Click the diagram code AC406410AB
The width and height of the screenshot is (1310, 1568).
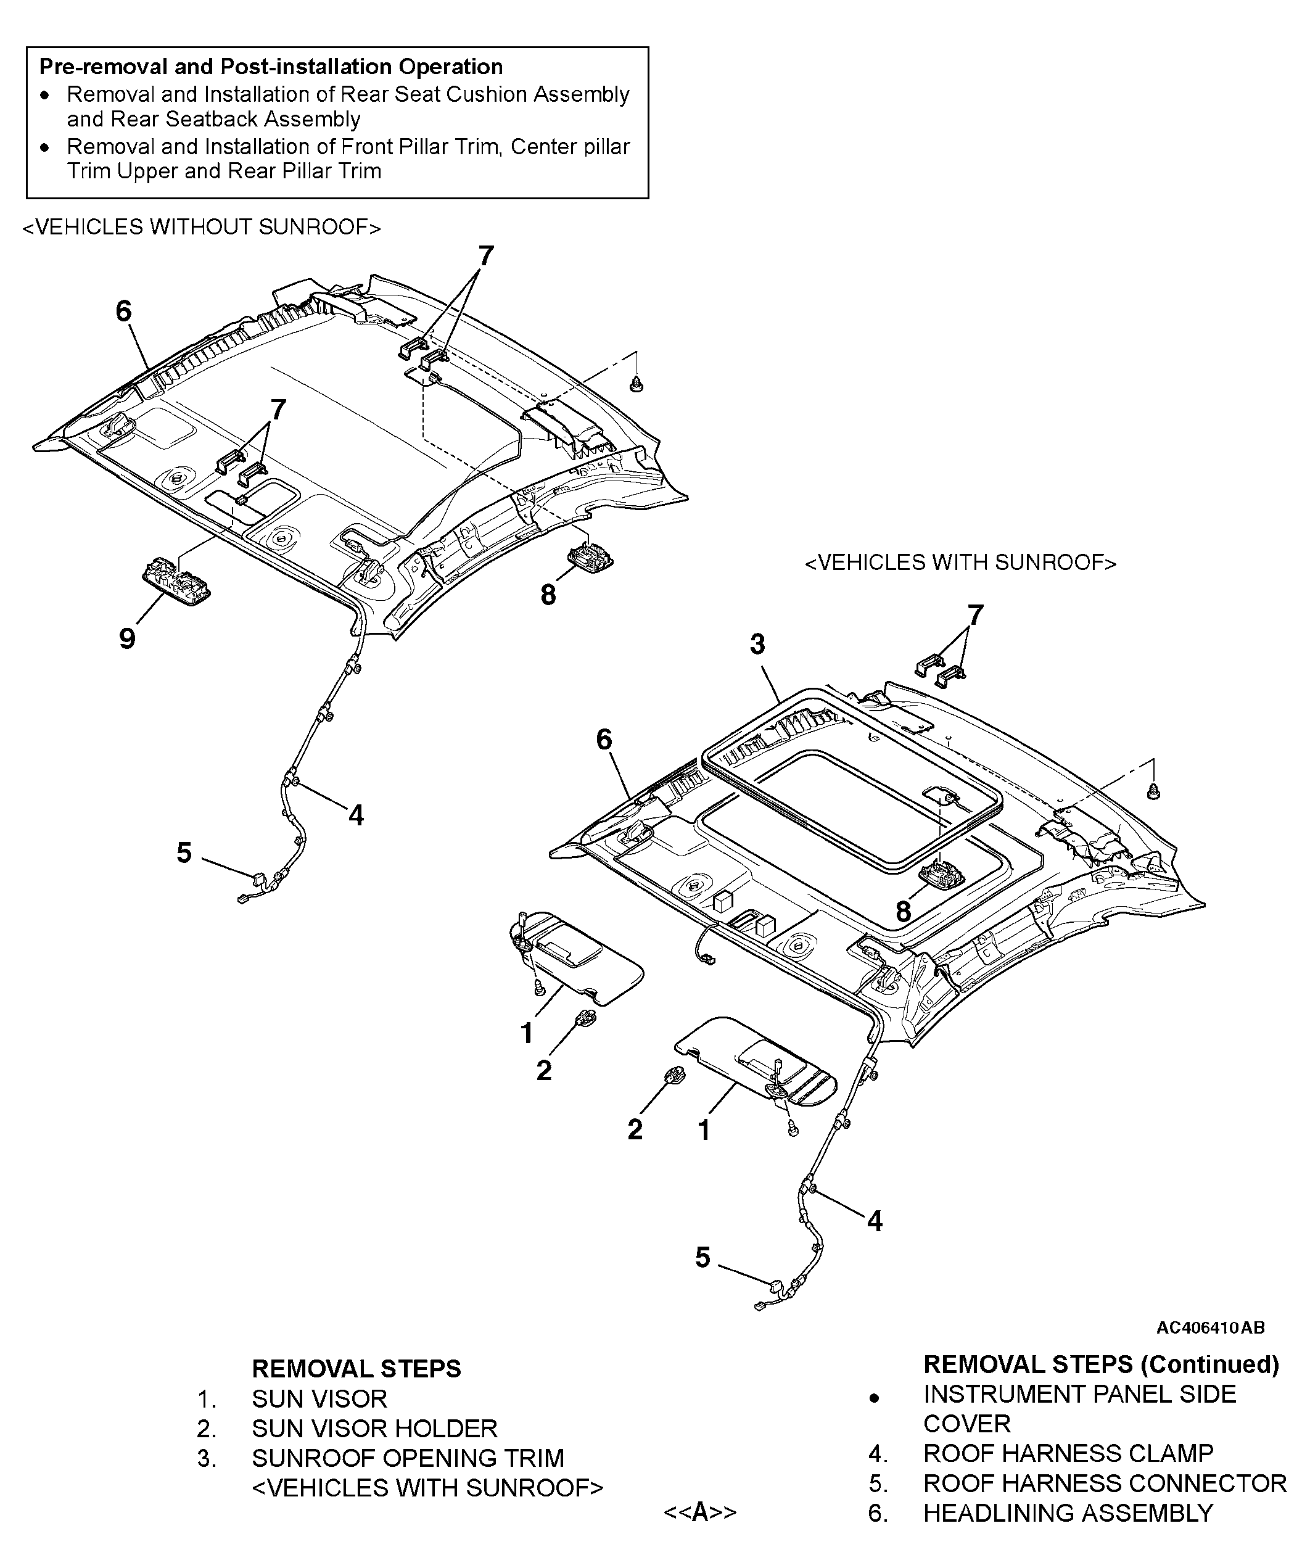1210,1327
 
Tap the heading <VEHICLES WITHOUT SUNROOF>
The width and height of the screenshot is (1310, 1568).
202,227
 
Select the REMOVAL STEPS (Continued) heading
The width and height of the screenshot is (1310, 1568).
1101,1364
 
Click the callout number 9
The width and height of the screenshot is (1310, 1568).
127,638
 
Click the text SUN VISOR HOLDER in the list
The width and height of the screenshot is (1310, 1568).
374,1429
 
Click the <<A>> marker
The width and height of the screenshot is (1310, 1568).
699,1512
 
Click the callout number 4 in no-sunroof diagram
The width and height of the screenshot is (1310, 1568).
356,815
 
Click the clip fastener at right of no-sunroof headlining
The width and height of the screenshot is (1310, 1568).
636,384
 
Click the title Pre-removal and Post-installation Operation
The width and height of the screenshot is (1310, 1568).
271,67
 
